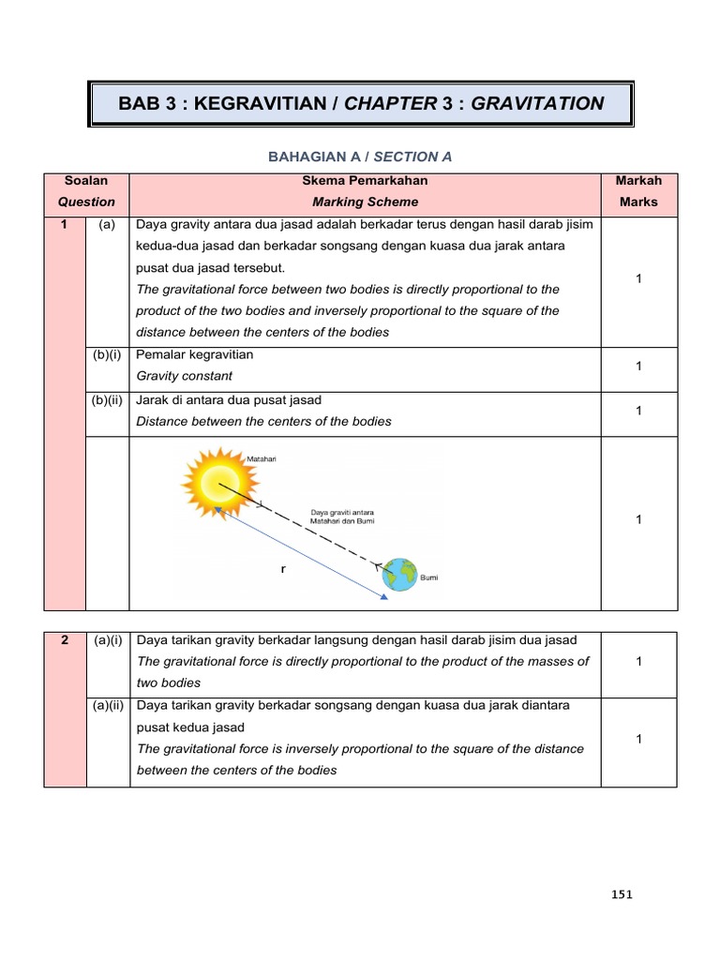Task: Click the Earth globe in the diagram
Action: (x=400, y=574)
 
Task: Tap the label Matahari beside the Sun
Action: (x=262, y=458)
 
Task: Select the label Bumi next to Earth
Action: (x=428, y=578)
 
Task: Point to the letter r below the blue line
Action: (x=282, y=569)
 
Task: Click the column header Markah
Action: (x=637, y=180)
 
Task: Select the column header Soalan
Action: (x=86, y=180)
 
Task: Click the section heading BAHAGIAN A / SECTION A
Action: (x=361, y=157)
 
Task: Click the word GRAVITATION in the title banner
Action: (x=537, y=103)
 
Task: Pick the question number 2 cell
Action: (x=64, y=639)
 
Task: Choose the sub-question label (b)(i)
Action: (x=108, y=355)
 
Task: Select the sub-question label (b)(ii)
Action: (x=108, y=400)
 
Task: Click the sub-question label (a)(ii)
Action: (x=108, y=705)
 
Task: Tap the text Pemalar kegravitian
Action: (x=195, y=355)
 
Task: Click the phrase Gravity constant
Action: (x=185, y=376)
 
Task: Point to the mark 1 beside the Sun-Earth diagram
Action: (x=637, y=519)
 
